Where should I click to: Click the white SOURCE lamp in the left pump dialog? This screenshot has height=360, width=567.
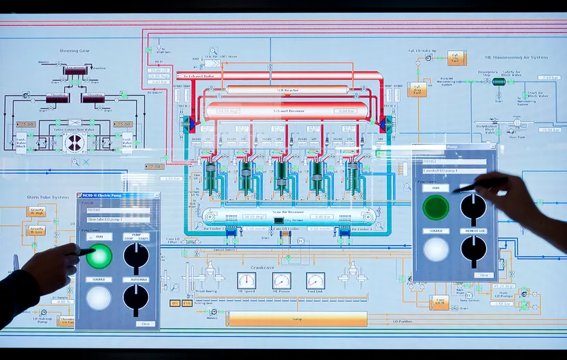pyautogui.click(x=99, y=298)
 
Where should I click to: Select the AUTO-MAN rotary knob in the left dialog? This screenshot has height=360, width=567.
pyautogui.click(x=136, y=298)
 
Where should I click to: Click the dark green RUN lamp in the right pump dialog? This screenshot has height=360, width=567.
pyautogui.click(x=436, y=207)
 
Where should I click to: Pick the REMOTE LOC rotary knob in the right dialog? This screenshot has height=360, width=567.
pyautogui.click(x=473, y=249)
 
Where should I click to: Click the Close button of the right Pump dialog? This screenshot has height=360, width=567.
pyautogui.click(x=484, y=275)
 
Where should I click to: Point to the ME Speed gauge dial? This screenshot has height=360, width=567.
pyautogui.click(x=247, y=281)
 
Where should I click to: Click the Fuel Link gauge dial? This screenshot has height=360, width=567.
pyautogui.click(x=315, y=281)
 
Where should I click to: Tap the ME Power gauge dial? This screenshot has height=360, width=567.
pyautogui.click(x=281, y=281)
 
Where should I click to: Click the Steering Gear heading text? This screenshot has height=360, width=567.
pyautogui.click(x=75, y=50)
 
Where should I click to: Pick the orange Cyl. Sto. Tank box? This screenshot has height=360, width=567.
pyautogui.click(x=456, y=58)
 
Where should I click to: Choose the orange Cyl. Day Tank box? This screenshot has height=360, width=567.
pyautogui.click(x=417, y=89)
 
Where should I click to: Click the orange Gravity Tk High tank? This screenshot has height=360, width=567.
pyautogui.click(x=37, y=211)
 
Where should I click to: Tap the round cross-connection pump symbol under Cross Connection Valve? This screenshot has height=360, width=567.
pyautogui.click(x=75, y=142)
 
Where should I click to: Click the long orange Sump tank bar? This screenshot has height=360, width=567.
pyautogui.click(x=297, y=318)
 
